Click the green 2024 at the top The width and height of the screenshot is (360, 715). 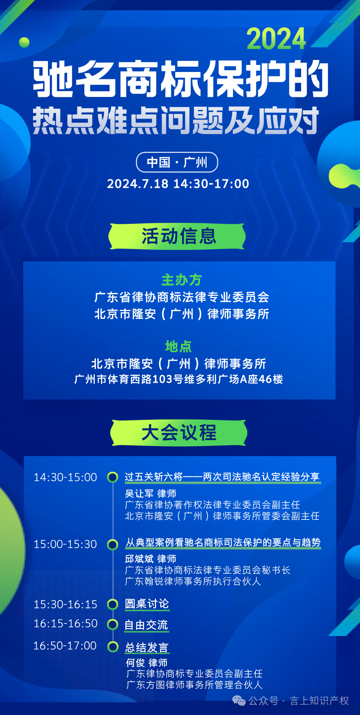(276, 39)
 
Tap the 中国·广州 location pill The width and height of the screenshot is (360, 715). (177, 162)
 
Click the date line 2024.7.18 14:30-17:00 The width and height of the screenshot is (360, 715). (178, 184)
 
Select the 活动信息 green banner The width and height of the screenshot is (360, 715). (177, 236)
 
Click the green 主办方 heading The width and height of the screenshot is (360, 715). (182, 280)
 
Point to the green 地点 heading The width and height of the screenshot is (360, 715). (178, 347)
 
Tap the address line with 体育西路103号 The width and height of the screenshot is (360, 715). (179, 379)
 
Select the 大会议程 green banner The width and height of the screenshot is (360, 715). (179, 433)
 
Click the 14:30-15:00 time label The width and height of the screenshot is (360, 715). (65, 477)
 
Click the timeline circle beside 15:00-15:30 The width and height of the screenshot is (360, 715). (113, 544)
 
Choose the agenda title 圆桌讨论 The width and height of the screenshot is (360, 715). (147, 604)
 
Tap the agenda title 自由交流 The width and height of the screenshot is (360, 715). (146, 625)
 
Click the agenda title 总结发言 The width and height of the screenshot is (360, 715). (147, 647)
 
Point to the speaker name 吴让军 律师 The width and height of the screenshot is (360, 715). (150, 493)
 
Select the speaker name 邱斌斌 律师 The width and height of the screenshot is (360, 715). (150, 559)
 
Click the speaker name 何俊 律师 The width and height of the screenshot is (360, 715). (147, 663)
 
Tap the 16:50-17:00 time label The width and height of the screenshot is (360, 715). (65, 646)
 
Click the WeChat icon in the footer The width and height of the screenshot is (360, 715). (239, 701)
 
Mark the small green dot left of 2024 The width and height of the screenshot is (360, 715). (24, 42)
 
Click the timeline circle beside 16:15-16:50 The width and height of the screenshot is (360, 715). (113, 624)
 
